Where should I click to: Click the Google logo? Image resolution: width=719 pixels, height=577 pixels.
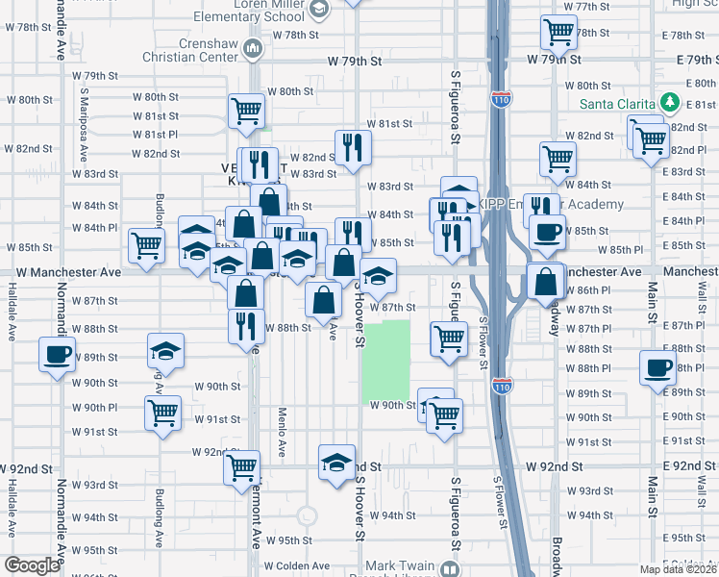[32, 565]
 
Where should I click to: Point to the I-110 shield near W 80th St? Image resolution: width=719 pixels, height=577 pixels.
[500, 99]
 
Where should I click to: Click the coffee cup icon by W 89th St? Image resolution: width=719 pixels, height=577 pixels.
[57, 354]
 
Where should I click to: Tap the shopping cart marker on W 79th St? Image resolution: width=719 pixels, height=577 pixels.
[558, 34]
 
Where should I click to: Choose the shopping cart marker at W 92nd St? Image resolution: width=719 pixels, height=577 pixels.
[242, 467]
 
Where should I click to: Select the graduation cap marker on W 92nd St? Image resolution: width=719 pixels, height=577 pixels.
[336, 462]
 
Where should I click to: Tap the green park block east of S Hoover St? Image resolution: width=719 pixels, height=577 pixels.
[386, 362]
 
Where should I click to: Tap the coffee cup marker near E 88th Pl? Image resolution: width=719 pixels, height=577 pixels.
[659, 366]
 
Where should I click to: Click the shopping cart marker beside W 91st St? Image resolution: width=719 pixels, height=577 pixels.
[163, 413]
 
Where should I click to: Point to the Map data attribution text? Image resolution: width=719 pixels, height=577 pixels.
[679, 569]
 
